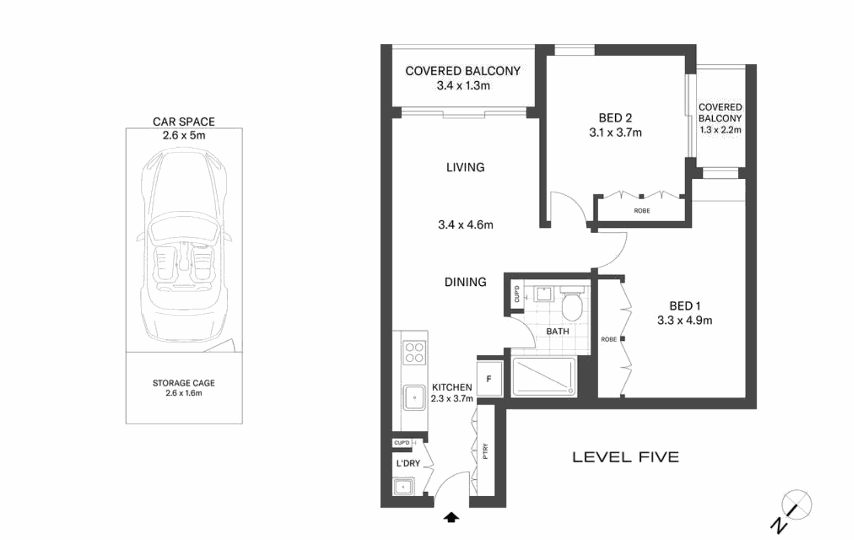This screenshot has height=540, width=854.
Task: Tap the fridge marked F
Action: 489,379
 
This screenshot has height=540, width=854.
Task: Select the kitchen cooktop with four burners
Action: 414,352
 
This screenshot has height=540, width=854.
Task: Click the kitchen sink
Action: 414,398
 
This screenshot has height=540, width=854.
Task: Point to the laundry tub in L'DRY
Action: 404,486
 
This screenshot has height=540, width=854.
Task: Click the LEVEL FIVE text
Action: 626,457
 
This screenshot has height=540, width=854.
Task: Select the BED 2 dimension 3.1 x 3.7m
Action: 615,133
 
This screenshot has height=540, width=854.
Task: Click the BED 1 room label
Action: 684,306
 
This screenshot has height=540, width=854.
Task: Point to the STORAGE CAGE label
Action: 183,383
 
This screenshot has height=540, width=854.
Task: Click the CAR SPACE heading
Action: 183,122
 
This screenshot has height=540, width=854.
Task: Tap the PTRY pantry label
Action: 485,451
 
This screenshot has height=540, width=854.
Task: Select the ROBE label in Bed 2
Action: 642,210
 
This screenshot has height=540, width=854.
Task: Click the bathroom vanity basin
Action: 544,293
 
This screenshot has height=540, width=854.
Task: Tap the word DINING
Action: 465,282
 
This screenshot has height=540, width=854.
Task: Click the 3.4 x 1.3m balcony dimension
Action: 463,86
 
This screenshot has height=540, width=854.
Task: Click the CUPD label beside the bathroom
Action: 517,294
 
